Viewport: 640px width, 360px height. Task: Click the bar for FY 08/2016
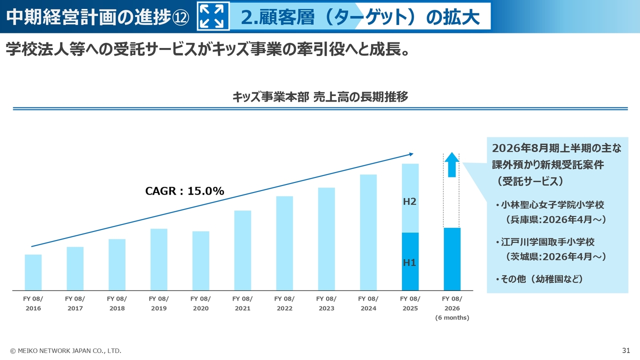click(33, 272)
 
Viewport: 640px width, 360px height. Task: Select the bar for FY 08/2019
click(159, 259)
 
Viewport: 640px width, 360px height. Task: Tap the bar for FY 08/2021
click(242, 250)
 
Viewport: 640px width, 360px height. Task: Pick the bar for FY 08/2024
click(368, 232)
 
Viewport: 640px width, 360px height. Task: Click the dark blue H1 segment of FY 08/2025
click(410, 261)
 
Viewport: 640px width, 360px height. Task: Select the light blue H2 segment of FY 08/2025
click(410, 198)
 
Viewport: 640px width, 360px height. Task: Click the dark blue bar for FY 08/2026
click(452, 259)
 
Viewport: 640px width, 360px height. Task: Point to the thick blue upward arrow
click(452, 164)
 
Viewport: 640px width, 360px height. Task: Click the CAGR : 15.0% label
click(184, 191)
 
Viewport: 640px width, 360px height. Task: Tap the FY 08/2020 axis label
click(200, 303)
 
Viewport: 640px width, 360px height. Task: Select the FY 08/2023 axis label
click(326, 303)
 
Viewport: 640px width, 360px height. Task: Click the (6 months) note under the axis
click(452, 317)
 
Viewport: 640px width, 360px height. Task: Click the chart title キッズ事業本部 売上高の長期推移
click(320, 97)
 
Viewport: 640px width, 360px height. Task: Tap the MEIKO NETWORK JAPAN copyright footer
click(65, 351)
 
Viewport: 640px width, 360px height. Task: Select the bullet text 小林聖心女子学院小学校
click(552, 205)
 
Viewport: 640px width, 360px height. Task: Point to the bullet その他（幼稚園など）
click(541, 279)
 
